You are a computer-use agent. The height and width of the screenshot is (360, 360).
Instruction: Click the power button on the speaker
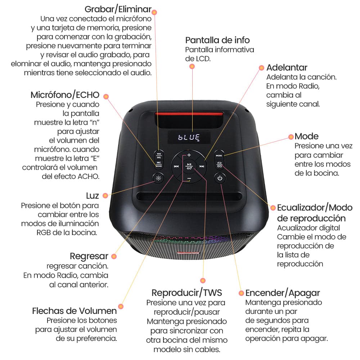(220, 178)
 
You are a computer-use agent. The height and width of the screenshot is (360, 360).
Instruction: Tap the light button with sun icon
(158, 178)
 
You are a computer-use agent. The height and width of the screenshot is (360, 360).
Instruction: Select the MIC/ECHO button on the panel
(158, 165)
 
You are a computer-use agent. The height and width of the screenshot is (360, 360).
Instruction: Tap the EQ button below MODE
(220, 165)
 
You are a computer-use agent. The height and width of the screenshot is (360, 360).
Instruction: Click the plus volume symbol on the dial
(189, 155)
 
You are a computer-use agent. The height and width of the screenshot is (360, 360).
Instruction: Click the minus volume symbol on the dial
(189, 179)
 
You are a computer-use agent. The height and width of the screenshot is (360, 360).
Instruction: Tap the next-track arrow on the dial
(202, 166)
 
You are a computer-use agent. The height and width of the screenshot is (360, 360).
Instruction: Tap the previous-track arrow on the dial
(176, 166)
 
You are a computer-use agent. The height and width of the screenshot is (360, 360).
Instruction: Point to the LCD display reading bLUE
(189, 137)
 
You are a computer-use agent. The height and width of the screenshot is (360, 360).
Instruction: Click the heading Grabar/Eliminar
(118, 9)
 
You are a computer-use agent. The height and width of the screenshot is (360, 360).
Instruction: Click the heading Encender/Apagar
(283, 292)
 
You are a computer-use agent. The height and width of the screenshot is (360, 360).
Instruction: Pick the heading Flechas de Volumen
(75, 310)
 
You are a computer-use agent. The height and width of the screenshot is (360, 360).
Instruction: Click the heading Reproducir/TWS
(187, 292)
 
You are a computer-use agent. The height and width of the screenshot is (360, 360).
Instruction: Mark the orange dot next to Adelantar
(261, 67)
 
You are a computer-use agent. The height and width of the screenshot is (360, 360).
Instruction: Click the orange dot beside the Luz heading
(105, 195)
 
